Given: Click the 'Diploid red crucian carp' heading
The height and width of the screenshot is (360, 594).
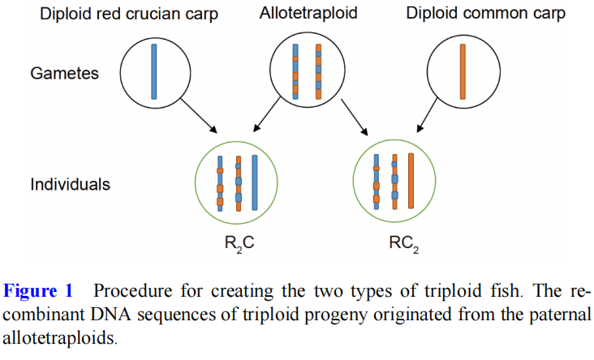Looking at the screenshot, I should pyautogui.click(x=129, y=14).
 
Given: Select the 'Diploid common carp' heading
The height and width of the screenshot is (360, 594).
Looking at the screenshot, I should pyautogui.click(x=485, y=14).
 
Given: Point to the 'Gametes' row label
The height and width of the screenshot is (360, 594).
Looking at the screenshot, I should pyautogui.click(x=65, y=73).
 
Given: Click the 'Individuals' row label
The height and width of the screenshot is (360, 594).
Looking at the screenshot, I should pyautogui.click(x=70, y=184).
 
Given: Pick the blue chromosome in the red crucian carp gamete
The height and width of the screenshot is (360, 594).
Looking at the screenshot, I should pyautogui.click(x=153, y=71).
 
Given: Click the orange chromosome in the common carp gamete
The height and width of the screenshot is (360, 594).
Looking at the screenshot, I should pyautogui.click(x=463, y=71).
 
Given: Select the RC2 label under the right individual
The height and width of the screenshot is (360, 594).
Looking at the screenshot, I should pyautogui.click(x=403, y=241).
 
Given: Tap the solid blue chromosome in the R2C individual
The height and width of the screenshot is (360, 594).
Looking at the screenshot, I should pyautogui.click(x=255, y=183).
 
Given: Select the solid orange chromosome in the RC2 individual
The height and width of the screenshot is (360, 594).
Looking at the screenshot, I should pyautogui.click(x=411, y=183).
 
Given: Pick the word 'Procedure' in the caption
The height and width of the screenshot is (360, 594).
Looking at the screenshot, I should pyautogui.click(x=131, y=290).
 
